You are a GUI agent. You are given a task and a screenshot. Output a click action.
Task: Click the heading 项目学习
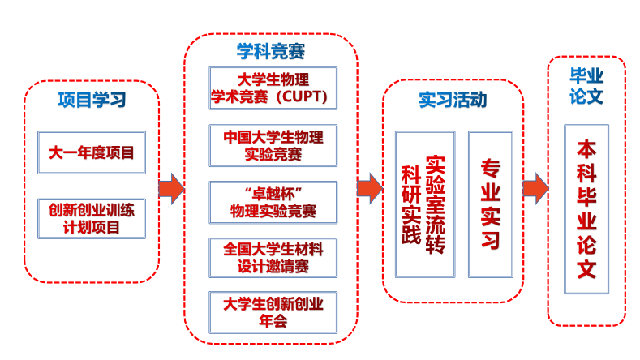[x=92, y=101]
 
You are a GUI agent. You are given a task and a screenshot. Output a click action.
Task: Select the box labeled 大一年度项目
[x=92, y=152]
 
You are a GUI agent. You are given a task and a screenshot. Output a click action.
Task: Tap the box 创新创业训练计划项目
[x=92, y=218]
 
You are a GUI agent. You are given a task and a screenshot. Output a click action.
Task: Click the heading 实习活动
[x=453, y=100]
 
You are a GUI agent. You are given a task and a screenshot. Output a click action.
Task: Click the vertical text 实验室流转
[x=436, y=204]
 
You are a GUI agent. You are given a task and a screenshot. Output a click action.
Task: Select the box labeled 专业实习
[x=491, y=204]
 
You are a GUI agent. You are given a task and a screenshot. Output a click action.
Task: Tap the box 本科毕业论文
[x=586, y=209]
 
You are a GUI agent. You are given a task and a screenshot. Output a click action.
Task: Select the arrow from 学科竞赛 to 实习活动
[x=369, y=189]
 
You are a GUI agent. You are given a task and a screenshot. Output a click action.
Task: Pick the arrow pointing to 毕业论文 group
[x=535, y=189]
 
